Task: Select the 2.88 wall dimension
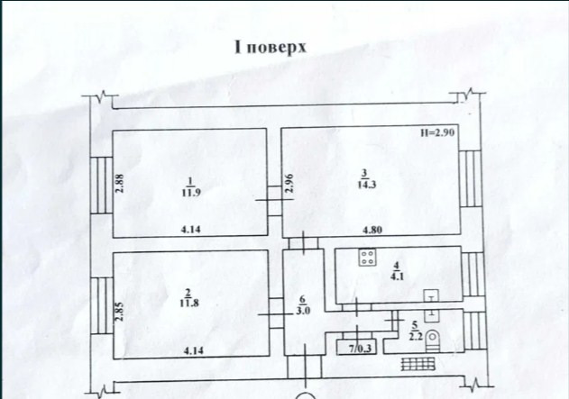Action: coord(118,184)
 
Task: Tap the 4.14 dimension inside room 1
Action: coord(190,230)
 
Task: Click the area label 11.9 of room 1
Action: coord(188,192)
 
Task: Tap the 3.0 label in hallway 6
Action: coord(303,313)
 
